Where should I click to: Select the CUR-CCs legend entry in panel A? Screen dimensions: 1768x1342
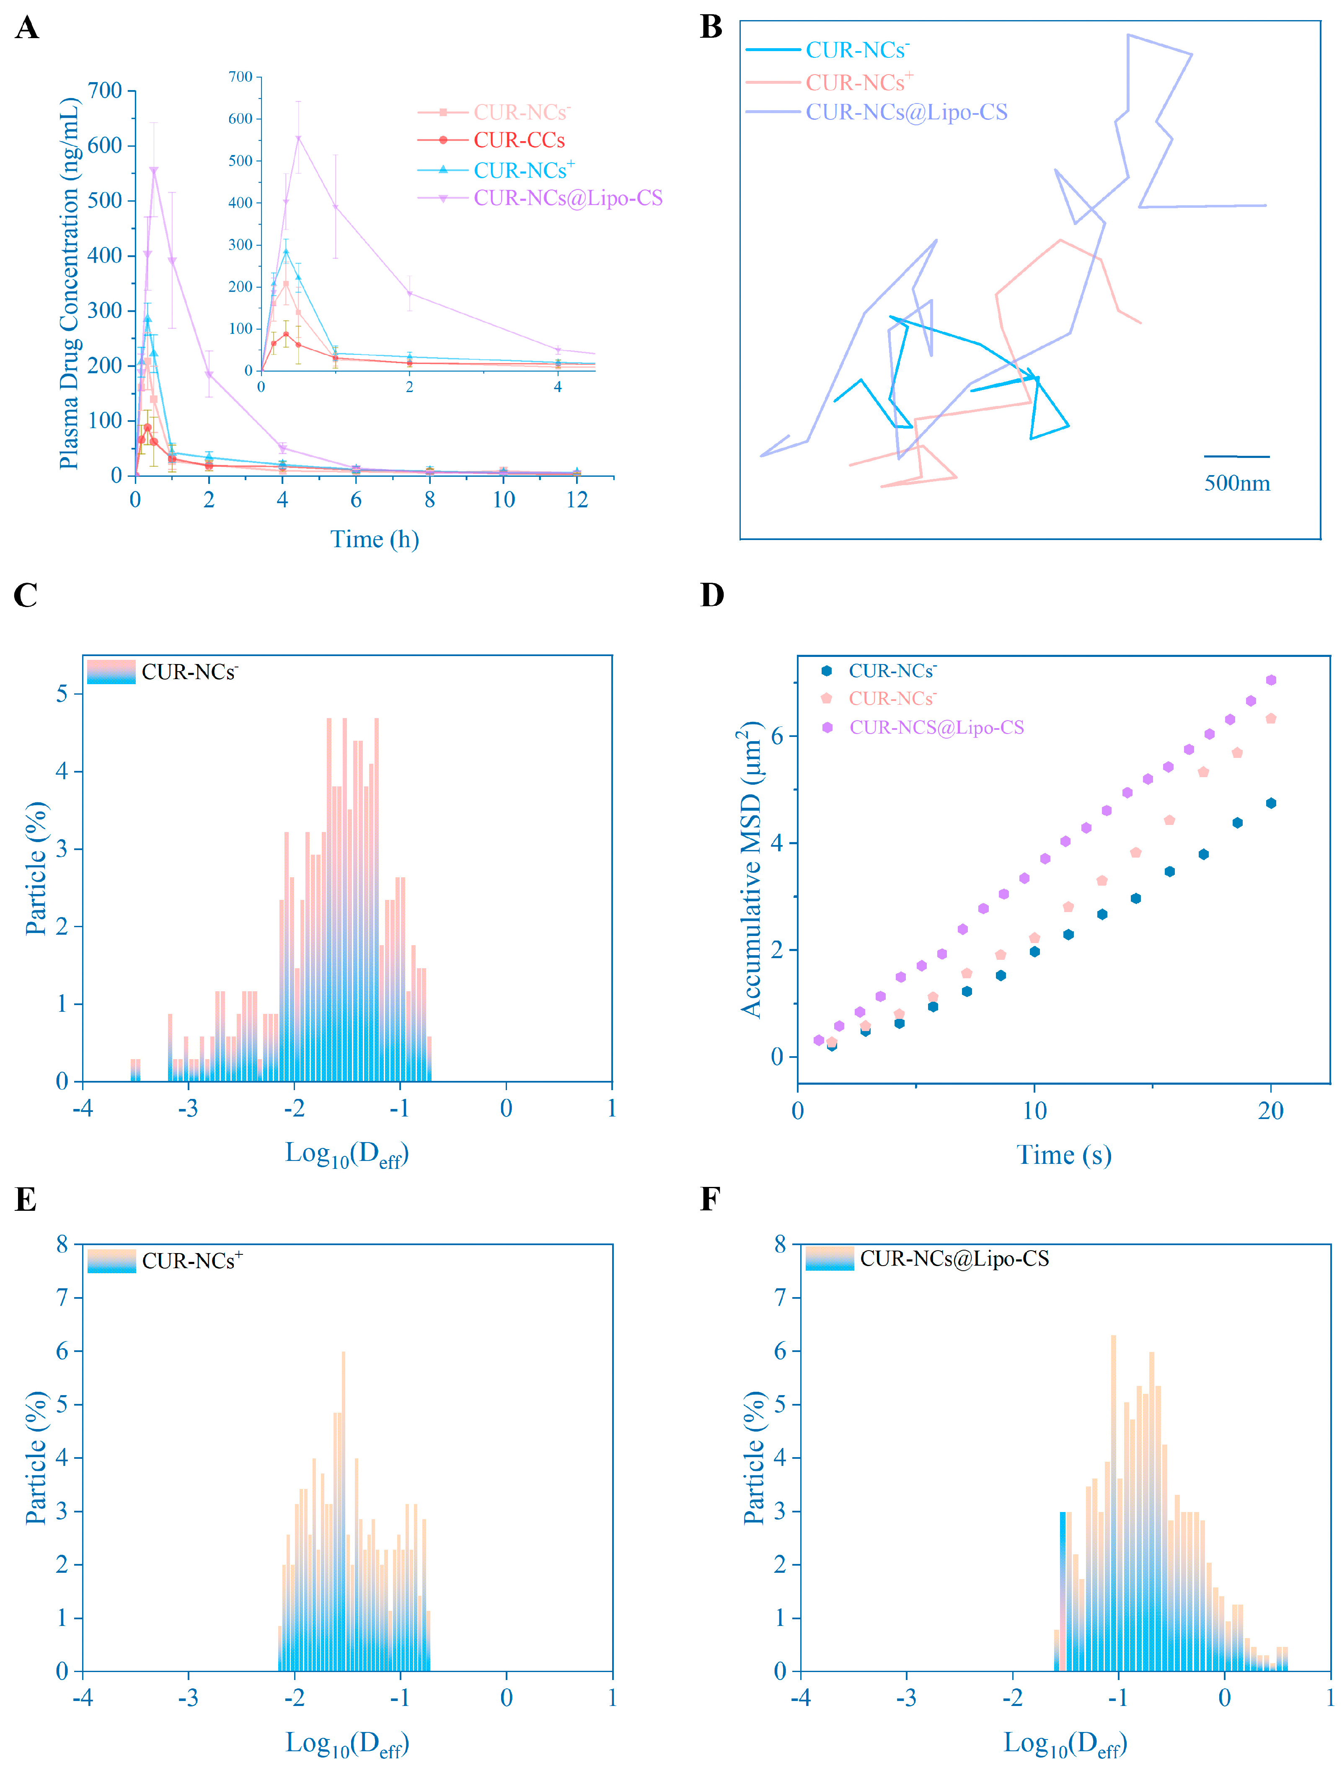[x=519, y=141]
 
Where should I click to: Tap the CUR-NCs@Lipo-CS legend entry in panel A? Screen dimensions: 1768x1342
[x=567, y=198]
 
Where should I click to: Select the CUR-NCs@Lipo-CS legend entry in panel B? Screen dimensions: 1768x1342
[x=905, y=112]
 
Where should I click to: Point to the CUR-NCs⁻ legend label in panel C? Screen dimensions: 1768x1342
[x=189, y=672]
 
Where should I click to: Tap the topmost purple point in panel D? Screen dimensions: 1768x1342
[x=1271, y=680]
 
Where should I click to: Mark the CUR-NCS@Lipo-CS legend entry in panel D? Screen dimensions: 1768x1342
[x=936, y=727]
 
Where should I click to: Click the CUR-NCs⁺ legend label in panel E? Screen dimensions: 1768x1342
[x=192, y=1261]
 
